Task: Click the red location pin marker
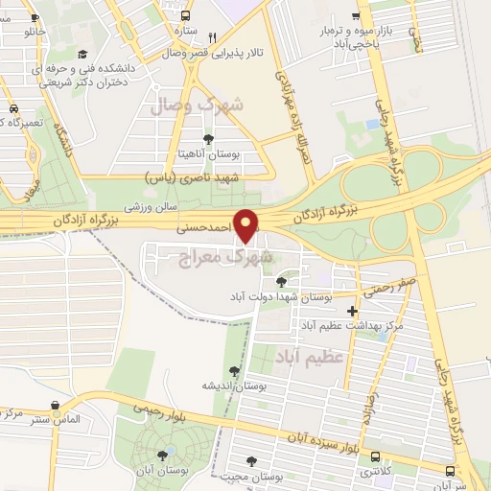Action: (x=247, y=225)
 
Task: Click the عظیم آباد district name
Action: (x=308, y=359)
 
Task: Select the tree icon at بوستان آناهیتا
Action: (x=208, y=140)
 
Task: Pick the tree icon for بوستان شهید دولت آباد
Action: (x=280, y=282)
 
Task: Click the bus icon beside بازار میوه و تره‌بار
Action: (x=356, y=16)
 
